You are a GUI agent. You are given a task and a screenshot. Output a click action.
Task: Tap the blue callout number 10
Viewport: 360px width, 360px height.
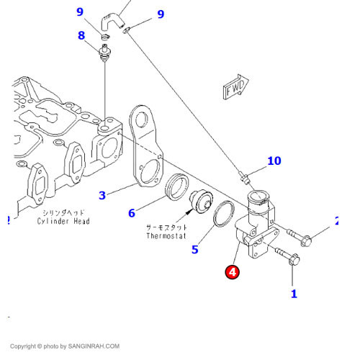tap(274, 161)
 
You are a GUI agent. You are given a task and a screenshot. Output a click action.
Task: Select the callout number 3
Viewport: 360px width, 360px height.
tap(102, 195)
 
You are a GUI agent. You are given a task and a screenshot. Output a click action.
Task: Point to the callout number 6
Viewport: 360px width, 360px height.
tap(132, 213)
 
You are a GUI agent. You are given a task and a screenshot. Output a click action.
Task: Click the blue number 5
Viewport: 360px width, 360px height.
tap(194, 250)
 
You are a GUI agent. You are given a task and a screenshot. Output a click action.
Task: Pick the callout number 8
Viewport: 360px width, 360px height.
tap(81, 35)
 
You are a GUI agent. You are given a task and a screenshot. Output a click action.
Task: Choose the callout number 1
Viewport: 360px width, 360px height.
tap(294, 293)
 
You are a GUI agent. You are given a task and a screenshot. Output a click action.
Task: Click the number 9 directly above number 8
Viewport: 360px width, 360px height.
tap(80, 12)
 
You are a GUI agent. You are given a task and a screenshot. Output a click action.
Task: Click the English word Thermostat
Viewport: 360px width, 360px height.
tap(166, 235)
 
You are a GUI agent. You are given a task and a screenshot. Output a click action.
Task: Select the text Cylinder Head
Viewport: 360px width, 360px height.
tap(63, 221)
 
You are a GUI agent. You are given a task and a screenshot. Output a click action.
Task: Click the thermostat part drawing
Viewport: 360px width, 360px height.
tap(197, 201)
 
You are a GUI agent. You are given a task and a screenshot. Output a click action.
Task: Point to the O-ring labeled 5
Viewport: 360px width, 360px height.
tap(223, 214)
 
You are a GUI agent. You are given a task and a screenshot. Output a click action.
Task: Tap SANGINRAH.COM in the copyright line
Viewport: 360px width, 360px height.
tap(94, 346)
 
